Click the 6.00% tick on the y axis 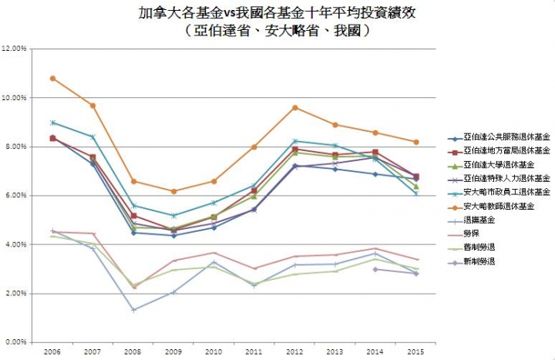17,196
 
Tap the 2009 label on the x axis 174,351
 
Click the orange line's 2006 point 52,78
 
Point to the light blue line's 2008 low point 134,310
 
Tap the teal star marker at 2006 52,123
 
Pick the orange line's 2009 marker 174,191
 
